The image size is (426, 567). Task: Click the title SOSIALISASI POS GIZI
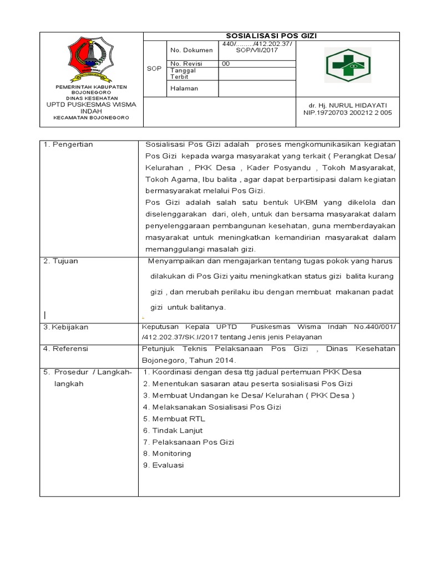tap(272, 36)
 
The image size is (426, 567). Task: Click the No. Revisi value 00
tap(226, 64)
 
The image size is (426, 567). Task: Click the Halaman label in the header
tap(185, 88)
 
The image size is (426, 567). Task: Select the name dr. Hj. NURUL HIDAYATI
tap(348, 105)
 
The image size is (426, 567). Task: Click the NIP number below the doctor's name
tap(347, 112)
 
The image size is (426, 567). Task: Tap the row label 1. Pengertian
tap(69, 145)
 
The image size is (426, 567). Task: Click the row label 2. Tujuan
tap(61, 261)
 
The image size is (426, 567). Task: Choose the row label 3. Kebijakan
tap(66, 327)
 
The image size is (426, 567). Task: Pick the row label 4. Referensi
tap(66, 349)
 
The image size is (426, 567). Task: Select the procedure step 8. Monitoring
tap(167, 453)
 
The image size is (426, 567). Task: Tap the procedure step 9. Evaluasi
tap(163, 465)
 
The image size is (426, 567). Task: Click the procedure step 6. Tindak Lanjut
tap(173, 430)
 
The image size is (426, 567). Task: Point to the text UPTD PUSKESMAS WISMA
tap(90, 104)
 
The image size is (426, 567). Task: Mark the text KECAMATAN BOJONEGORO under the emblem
tap(90, 118)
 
